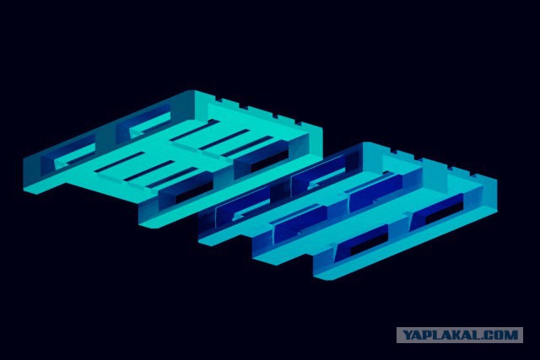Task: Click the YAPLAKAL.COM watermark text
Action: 460,335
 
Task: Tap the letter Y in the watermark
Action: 408,335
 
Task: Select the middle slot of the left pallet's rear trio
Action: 224,139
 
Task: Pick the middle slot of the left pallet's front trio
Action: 148,170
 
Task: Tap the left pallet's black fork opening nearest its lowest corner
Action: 194,192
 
